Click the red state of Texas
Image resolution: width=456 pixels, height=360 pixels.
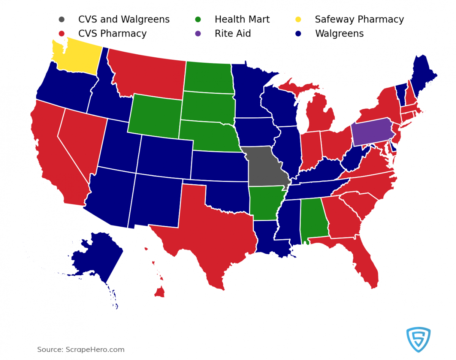coord(213,228)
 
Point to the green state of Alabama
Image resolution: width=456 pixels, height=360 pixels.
coord(313,218)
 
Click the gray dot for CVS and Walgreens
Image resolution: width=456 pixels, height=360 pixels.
coord(62,19)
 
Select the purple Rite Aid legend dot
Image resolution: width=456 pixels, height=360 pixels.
coord(198,34)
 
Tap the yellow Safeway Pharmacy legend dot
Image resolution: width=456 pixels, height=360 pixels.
coord(298,19)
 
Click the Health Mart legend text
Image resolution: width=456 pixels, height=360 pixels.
coord(242,19)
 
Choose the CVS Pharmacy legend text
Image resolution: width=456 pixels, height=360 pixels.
coord(112,34)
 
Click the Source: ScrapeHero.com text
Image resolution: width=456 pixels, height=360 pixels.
coord(81,349)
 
